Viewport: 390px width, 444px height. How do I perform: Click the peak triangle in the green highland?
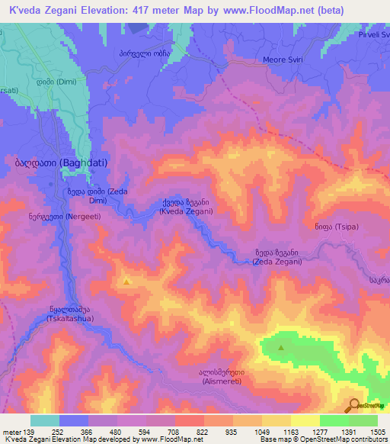pyautogui.click(x=282, y=348)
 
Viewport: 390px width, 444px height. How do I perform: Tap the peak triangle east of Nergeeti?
pyautogui.click(x=126, y=282)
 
